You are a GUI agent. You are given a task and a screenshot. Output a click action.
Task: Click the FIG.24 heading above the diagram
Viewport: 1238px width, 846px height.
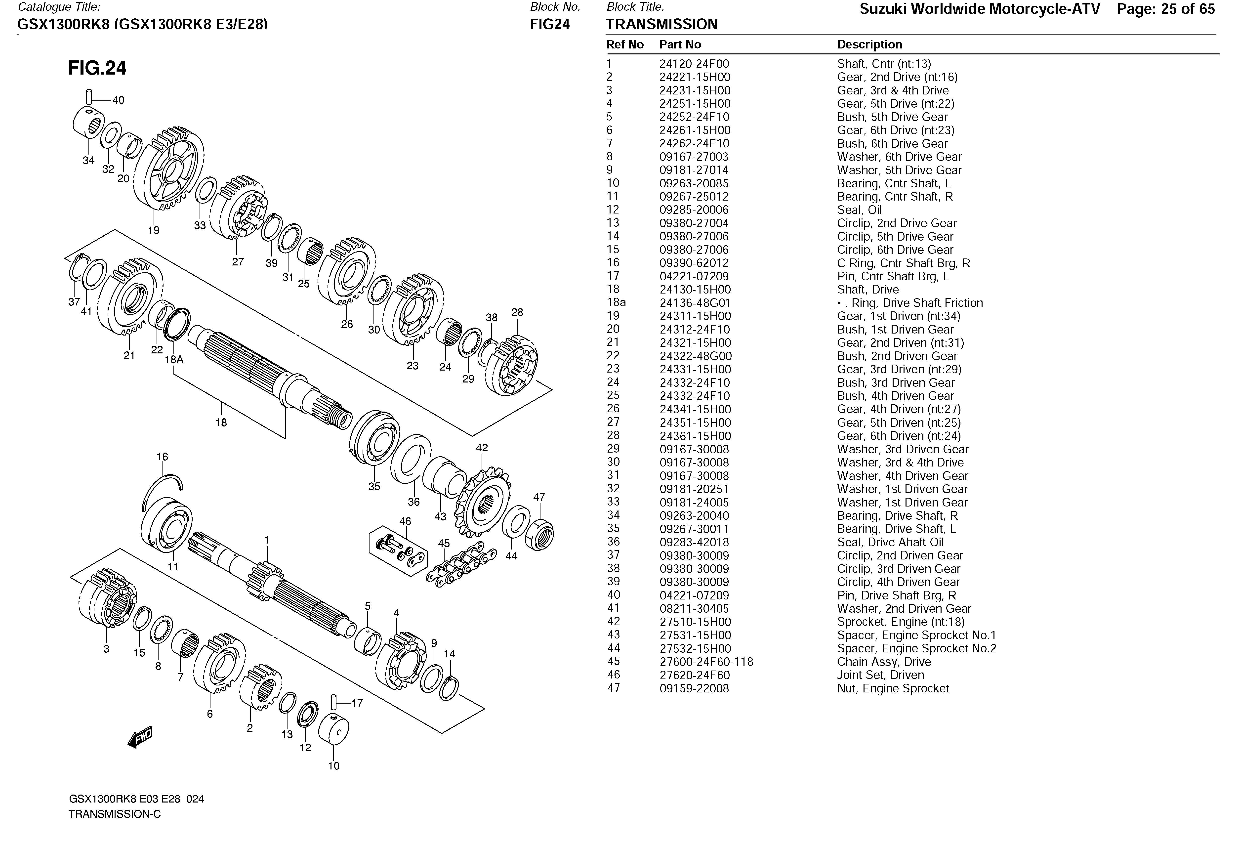(97, 68)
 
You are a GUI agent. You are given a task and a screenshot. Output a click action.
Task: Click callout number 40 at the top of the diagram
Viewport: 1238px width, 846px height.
(118, 100)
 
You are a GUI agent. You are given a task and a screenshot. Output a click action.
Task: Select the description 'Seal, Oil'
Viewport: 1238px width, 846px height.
(859, 210)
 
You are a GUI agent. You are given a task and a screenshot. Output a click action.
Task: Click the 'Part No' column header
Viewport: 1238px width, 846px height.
(680, 45)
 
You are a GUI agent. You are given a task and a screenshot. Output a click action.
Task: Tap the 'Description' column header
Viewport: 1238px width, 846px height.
(869, 45)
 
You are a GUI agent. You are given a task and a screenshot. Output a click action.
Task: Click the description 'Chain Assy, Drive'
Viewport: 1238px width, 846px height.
(884, 662)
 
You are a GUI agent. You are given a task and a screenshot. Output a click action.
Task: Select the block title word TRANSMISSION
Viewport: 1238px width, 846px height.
(661, 25)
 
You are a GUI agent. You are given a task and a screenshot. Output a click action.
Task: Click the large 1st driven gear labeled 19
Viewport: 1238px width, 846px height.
(169, 170)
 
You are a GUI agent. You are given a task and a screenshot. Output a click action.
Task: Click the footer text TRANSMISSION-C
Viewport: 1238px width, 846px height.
(115, 814)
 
